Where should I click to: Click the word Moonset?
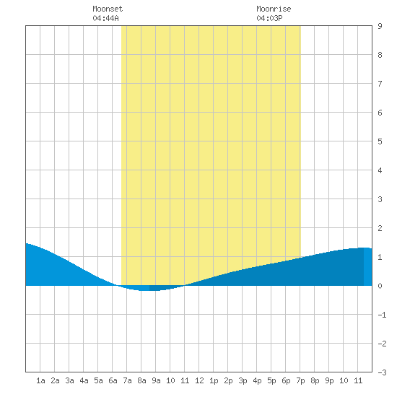[x=108, y=9]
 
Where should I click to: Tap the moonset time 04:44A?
[x=105, y=18]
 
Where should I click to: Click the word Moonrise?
[x=274, y=9]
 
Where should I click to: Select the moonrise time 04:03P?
[x=269, y=18]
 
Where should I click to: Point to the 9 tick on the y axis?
[x=380, y=26]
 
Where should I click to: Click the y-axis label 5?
[x=380, y=141]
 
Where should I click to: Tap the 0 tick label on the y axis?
[x=380, y=286]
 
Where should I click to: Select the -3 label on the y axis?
[x=382, y=372]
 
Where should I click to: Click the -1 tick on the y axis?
[x=382, y=315]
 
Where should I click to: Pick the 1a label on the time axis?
[x=40, y=380]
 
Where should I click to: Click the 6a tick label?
[x=113, y=380]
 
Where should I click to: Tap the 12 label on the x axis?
[x=199, y=380]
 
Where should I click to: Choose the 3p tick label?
[x=243, y=380]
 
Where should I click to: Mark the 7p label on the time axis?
[x=300, y=380]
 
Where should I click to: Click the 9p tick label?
[x=329, y=380]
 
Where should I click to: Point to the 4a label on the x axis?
[x=84, y=380]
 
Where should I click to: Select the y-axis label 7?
[x=380, y=84]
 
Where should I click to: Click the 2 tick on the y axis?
[x=380, y=228]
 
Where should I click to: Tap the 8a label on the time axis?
[x=141, y=380]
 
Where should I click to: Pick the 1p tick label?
[x=214, y=380]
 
